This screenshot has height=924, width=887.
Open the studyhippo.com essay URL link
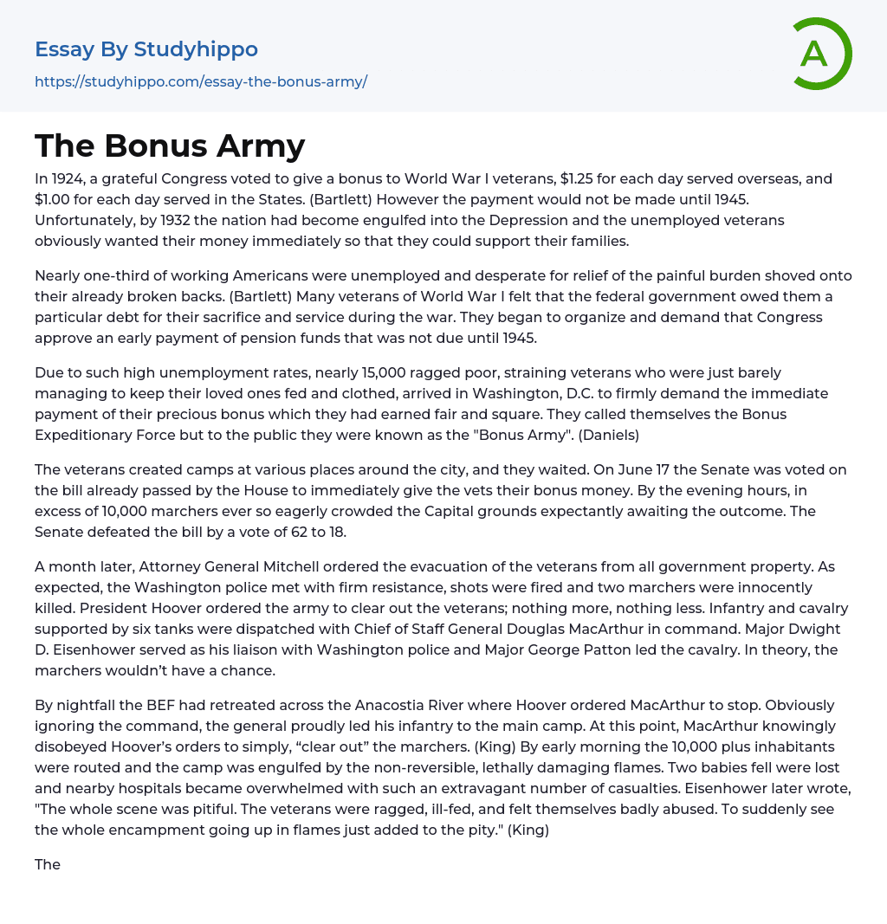click(201, 81)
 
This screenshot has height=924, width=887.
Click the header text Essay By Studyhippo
click(146, 49)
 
